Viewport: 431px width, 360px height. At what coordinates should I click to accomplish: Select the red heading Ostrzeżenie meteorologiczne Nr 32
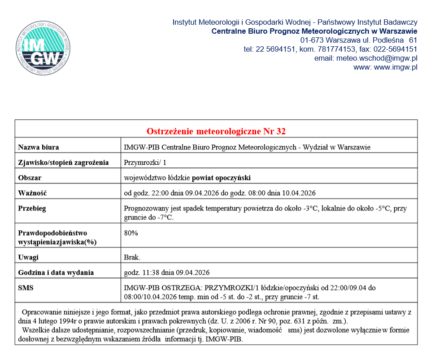pyautogui.click(x=216, y=132)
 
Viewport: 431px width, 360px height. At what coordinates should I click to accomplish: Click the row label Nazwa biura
pyautogui.click(x=38, y=147)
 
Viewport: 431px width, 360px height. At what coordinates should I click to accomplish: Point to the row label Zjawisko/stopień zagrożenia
pyautogui.click(x=63, y=162)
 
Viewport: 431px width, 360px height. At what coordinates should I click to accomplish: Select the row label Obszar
pyautogui.click(x=30, y=178)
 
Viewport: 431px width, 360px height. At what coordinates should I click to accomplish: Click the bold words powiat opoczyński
pyautogui.click(x=221, y=178)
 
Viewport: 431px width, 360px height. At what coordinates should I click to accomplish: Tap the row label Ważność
pyautogui.click(x=32, y=193)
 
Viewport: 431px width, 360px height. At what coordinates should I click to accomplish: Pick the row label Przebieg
pyautogui.click(x=32, y=209)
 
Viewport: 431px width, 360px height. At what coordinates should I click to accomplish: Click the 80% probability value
pyautogui.click(x=131, y=233)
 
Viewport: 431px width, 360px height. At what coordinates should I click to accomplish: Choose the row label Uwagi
pyautogui.click(x=28, y=257)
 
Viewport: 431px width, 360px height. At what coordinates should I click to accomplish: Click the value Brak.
pyautogui.click(x=132, y=257)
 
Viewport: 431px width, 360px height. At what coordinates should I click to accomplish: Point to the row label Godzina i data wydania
pyautogui.click(x=56, y=272)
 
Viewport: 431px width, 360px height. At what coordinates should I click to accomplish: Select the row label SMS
pyautogui.click(x=26, y=288)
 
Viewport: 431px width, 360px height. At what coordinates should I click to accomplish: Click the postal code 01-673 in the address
pyautogui.click(x=311, y=40)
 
